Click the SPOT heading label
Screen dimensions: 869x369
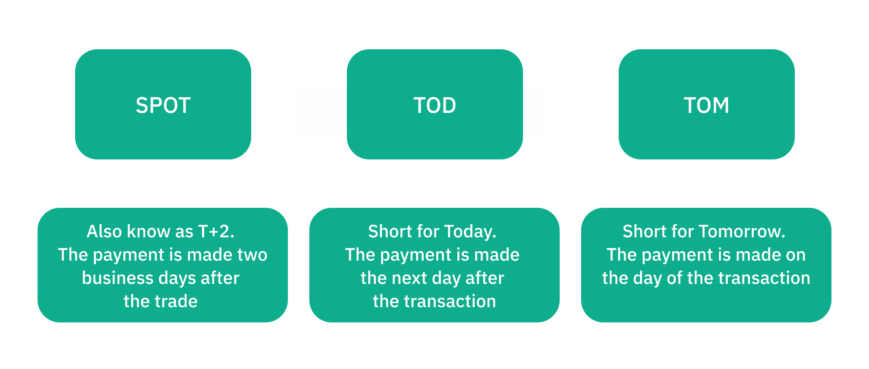point(163,106)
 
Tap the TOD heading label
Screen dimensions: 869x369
point(435,106)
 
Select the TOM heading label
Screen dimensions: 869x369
point(707,106)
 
